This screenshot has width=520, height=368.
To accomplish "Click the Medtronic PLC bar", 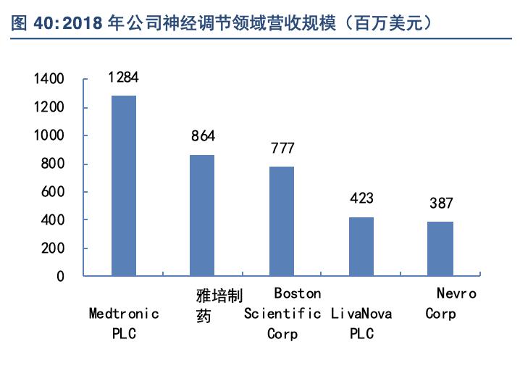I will click(124, 185).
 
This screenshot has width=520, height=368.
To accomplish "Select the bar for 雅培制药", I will click(202, 215).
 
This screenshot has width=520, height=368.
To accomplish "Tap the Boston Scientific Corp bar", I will click(282, 221).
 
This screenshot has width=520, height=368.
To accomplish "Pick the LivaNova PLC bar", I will click(361, 246).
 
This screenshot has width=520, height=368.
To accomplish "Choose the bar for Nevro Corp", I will click(440, 248).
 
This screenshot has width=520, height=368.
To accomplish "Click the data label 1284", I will click(123, 77).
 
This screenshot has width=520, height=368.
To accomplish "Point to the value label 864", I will click(203, 135).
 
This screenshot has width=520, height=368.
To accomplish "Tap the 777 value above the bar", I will click(282, 149).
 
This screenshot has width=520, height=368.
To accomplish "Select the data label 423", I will click(361, 198).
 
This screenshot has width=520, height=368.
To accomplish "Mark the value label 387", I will click(440, 204).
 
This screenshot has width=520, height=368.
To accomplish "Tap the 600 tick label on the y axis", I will click(53, 192).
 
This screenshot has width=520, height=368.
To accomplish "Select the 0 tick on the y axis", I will click(60, 276).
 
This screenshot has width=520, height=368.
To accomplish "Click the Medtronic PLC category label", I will click(124, 324).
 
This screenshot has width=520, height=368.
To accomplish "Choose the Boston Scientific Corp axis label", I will click(282, 314).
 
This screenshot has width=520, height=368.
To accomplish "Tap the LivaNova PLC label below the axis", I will click(361, 324).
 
